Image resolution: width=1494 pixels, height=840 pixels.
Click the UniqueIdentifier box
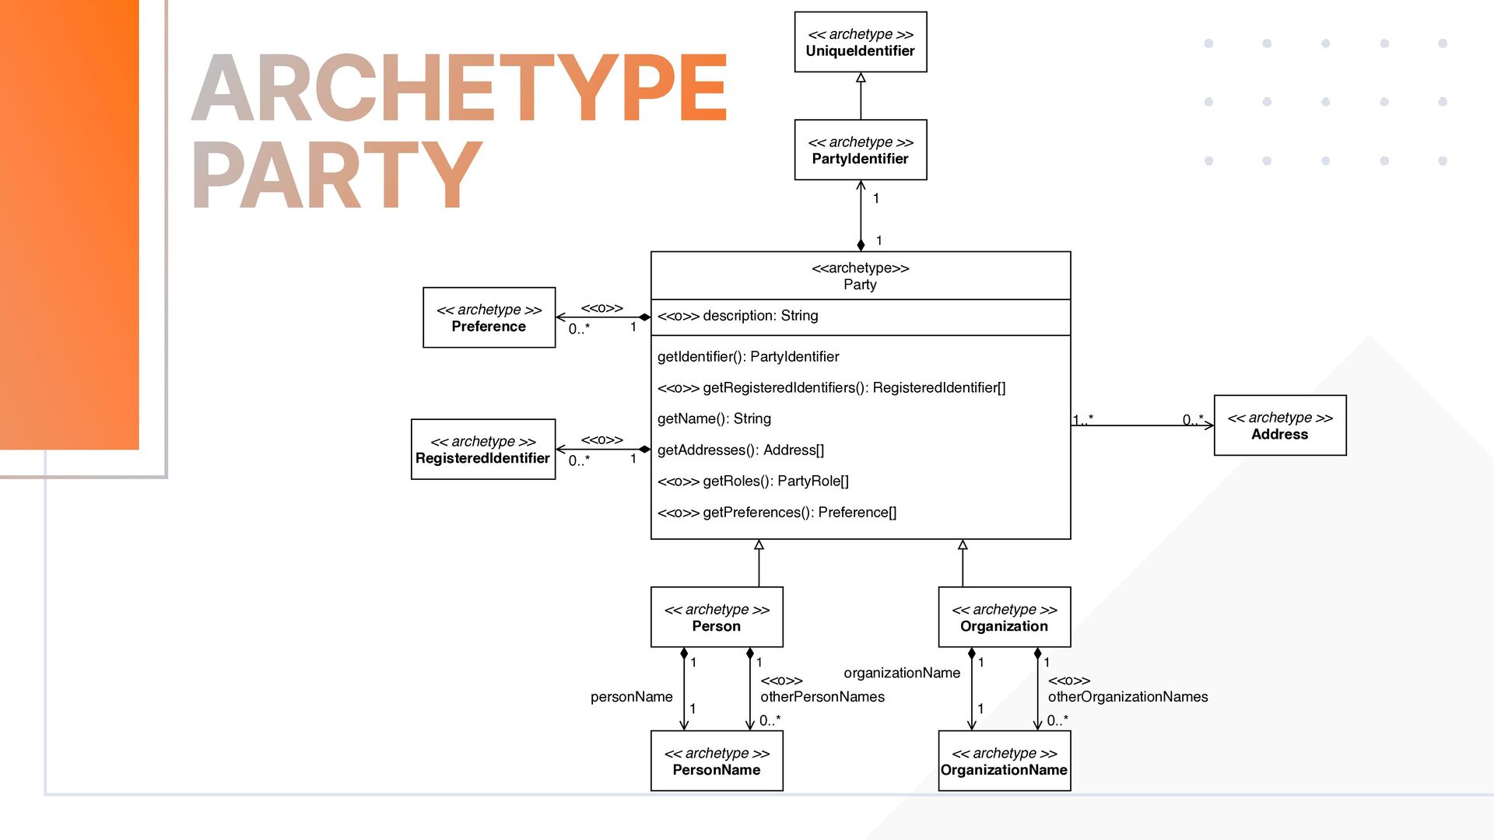tap(860, 42)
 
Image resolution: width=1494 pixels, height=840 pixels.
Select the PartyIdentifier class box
tap(860, 150)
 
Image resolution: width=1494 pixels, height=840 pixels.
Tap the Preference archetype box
tap(489, 317)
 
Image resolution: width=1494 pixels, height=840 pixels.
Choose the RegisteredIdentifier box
tap(482, 450)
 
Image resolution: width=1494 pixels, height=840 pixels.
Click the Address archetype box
tap(1279, 425)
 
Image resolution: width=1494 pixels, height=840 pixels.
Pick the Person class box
tap(716, 617)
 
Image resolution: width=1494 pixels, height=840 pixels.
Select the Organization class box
tap(1004, 617)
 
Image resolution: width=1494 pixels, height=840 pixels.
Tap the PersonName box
tap(716, 761)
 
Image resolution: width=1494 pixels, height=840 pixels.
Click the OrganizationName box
tap(1004, 761)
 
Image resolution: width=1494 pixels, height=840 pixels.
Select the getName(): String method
tap(714, 418)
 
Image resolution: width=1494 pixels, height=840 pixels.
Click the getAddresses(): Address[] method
tap(740, 450)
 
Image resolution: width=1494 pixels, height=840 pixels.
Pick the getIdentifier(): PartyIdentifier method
tap(748, 356)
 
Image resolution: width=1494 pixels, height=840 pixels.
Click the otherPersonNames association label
tap(822, 697)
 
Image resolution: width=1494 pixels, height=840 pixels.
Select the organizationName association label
tap(901, 673)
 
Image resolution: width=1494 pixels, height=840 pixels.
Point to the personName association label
tap(631, 697)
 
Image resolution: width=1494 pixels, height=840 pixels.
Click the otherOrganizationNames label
tap(1127, 697)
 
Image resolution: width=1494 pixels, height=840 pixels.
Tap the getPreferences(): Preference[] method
tap(777, 512)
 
